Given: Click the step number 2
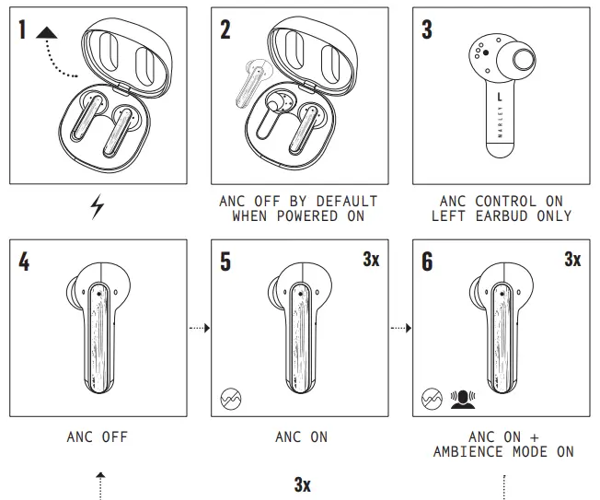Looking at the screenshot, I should (x=226, y=29).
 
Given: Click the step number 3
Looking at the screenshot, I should (x=426, y=29).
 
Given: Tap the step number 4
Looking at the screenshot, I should (x=24, y=262).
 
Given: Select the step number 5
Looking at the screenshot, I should (x=226, y=262).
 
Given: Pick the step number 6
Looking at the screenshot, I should (x=426, y=262).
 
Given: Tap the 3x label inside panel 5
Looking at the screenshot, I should (x=371, y=260).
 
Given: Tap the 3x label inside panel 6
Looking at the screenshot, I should (x=572, y=260).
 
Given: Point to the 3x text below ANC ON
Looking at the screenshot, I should (x=302, y=483).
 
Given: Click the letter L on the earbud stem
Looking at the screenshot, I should (x=499, y=95).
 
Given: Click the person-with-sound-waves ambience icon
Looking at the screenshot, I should (x=463, y=399).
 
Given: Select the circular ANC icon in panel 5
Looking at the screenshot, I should (x=231, y=399).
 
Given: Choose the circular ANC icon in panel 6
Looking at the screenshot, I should (x=432, y=399).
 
